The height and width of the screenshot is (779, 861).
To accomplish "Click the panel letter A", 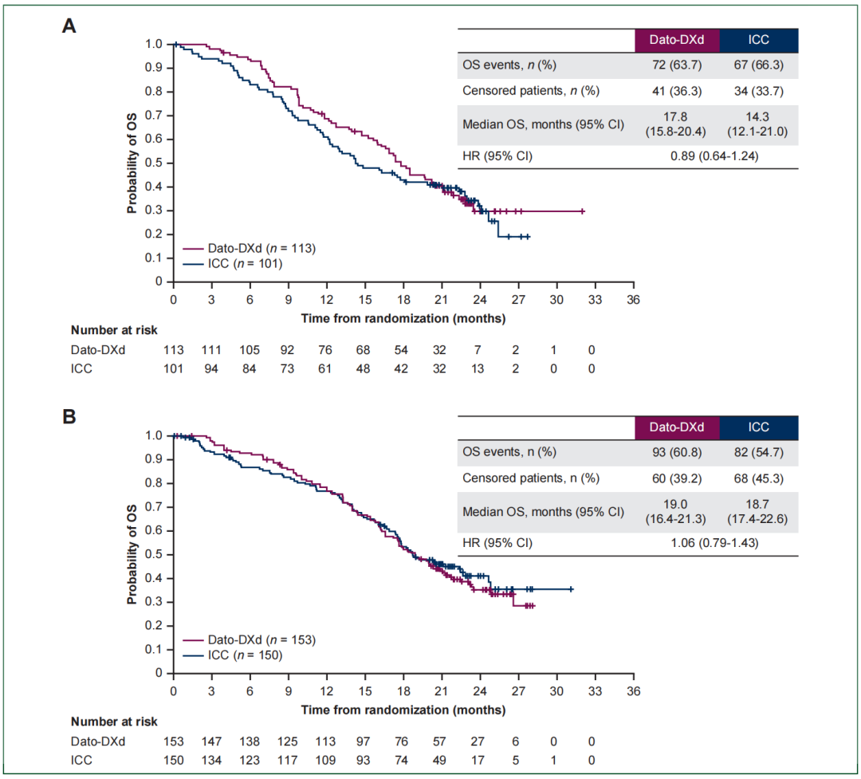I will tap(69, 26).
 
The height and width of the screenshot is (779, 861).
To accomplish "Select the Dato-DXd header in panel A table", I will tap(677, 41).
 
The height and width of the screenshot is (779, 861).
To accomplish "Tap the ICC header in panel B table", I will tap(758, 427).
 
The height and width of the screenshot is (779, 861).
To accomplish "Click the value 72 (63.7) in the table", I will tap(677, 65).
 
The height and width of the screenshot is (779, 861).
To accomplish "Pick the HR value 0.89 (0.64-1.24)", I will tap(717, 155).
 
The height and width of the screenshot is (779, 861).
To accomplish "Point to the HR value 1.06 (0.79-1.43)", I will tap(717, 543).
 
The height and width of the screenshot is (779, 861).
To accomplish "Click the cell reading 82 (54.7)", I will tap(758, 452).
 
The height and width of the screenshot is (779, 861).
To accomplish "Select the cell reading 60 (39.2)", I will tap(677, 478).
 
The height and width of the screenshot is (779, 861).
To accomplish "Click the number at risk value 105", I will tap(250, 350).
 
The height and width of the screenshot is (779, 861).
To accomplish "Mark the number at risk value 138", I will tap(250, 741).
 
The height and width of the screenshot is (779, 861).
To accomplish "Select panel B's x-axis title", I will tap(403, 709).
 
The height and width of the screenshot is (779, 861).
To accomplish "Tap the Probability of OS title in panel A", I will tap(132, 162).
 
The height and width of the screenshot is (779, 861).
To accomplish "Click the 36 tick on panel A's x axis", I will tap(633, 300).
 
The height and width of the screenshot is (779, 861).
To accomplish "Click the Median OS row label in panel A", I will tap(543, 125).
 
